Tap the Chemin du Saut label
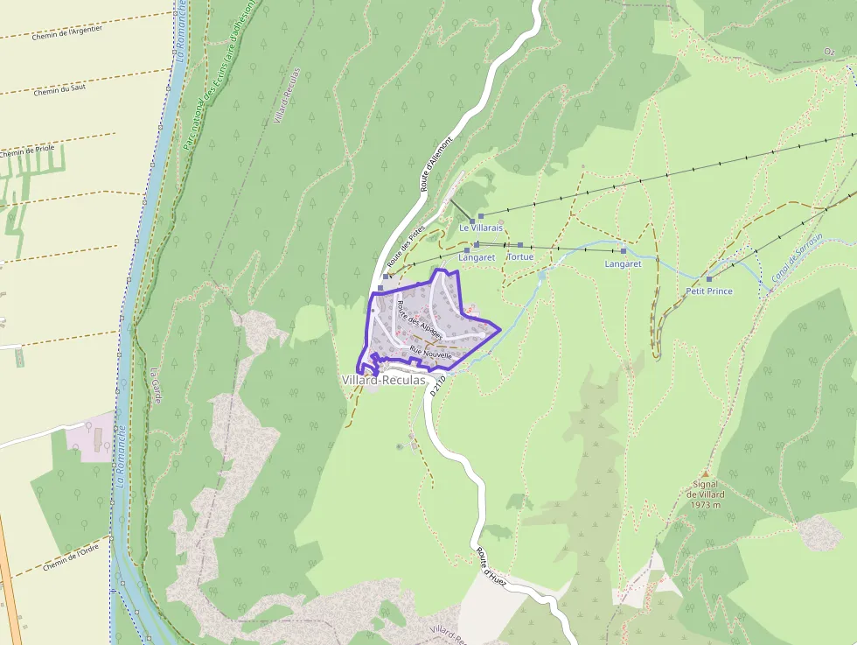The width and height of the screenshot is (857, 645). click(x=59, y=89)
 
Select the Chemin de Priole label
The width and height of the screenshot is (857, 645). click(x=26, y=151)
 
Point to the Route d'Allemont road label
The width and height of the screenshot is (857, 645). click(x=436, y=164)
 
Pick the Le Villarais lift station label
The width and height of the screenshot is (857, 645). click(x=482, y=228)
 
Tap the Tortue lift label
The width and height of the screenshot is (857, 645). click(x=520, y=257)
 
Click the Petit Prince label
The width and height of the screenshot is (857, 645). click(x=709, y=291)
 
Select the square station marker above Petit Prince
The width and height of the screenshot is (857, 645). click(x=709, y=279)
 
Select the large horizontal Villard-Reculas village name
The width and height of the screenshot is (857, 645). click(x=384, y=380)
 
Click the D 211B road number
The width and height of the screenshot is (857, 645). click(x=438, y=384)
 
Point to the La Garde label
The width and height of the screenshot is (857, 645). click(x=157, y=379)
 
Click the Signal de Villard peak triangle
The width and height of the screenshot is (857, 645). click(x=705, y=473)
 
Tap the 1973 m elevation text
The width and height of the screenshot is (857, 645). click(x=704, y=504)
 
